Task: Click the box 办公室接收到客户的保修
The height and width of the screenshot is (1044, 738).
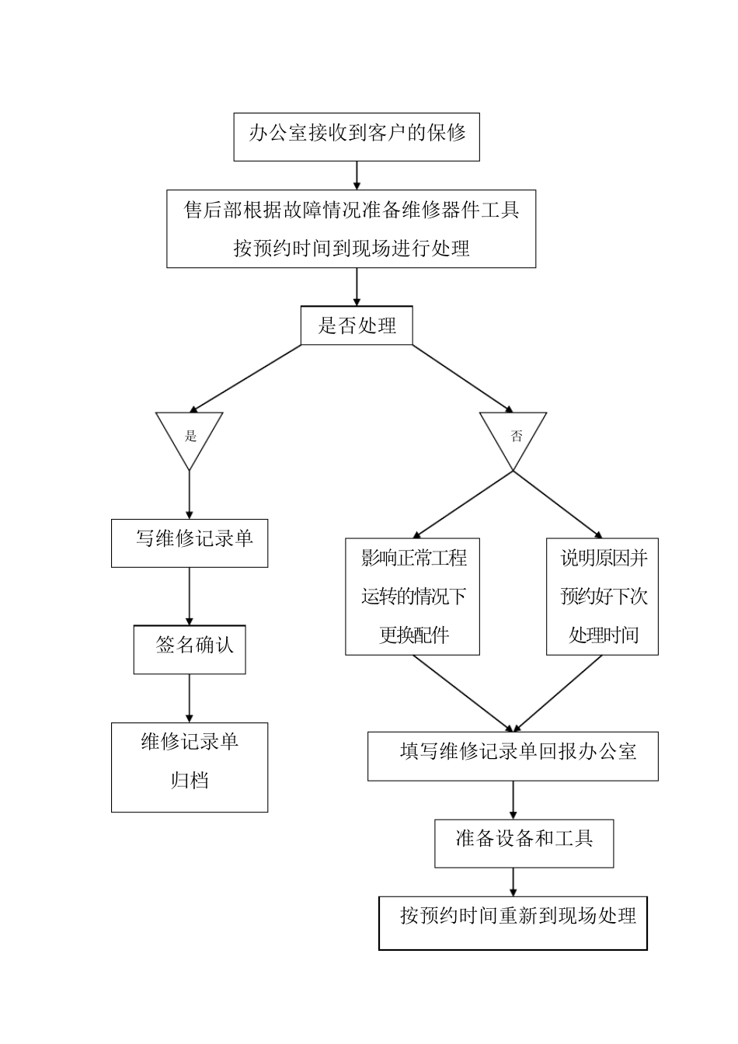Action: (x=357, y=137)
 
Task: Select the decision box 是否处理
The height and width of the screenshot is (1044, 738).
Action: (x=357, y=326)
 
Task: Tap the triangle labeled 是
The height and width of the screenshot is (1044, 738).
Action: (x=190, y=435)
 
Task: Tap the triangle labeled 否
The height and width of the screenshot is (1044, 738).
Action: (x=513, y=435)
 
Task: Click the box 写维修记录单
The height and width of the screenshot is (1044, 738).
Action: (x=190, y=542)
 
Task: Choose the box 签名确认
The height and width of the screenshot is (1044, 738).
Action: (x=190, y=649)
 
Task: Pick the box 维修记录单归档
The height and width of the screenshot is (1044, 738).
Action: (x=190, y=767)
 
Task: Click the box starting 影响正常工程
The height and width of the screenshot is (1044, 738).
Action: (x=413, y=596)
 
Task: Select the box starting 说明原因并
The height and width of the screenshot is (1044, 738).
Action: (x=602, y=596)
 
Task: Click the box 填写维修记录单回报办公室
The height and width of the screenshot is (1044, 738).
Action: (x=513, y=756)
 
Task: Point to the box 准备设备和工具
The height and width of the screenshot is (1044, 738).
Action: (x=524, y=843)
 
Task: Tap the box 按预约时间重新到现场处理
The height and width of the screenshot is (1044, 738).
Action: (x=513, y=923)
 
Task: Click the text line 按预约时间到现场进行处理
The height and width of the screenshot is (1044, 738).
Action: (x=352, y=249)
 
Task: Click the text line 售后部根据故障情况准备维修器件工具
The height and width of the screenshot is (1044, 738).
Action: (x=352, y=210)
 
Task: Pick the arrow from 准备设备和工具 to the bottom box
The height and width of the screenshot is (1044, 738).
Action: (x=513, y=882)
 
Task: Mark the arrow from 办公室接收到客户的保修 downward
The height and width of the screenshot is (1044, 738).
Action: (x=357, y=175)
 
